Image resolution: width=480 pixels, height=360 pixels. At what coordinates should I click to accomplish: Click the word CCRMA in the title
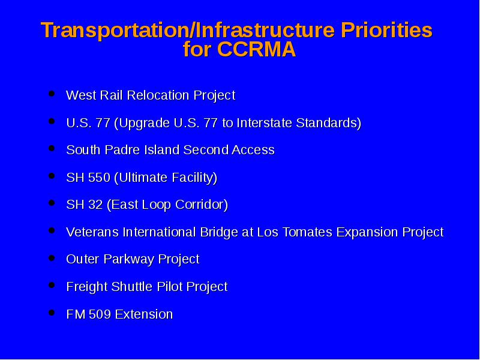tap(257, 49)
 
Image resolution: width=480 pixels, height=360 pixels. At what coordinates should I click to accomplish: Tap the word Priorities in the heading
tap(386, 30)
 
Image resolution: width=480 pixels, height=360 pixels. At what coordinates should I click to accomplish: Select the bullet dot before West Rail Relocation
tap(52, 94)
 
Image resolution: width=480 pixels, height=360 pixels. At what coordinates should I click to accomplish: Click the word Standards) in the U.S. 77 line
tap(328, 123)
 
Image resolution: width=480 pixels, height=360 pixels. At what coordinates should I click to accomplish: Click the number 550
tap(99, 178)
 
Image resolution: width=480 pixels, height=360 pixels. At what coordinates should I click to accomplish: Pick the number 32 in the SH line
tap(95, 205)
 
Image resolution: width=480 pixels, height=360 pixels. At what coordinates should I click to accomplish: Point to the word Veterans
tap(92, 232)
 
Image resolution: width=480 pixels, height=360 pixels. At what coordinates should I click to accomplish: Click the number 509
tap(100, 314)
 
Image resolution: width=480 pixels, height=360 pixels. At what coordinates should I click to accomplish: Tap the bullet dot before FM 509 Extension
tap(52, 313)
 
